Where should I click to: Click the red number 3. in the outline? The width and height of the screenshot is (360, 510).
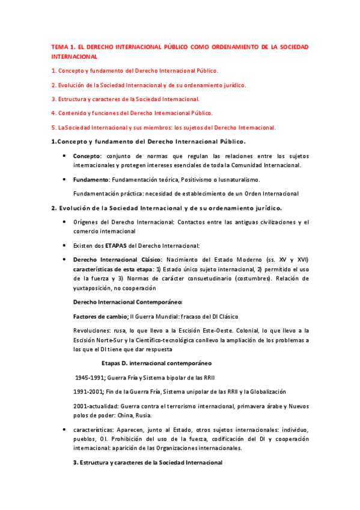tap(53, 99)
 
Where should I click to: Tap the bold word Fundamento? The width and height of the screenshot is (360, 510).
tap(91, 179)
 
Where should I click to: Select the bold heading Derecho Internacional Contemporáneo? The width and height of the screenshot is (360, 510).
tap(127, 302)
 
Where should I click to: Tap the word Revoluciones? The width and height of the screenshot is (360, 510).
tap(93, 330)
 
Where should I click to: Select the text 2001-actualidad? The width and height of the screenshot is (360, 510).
tap(97, 406)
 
